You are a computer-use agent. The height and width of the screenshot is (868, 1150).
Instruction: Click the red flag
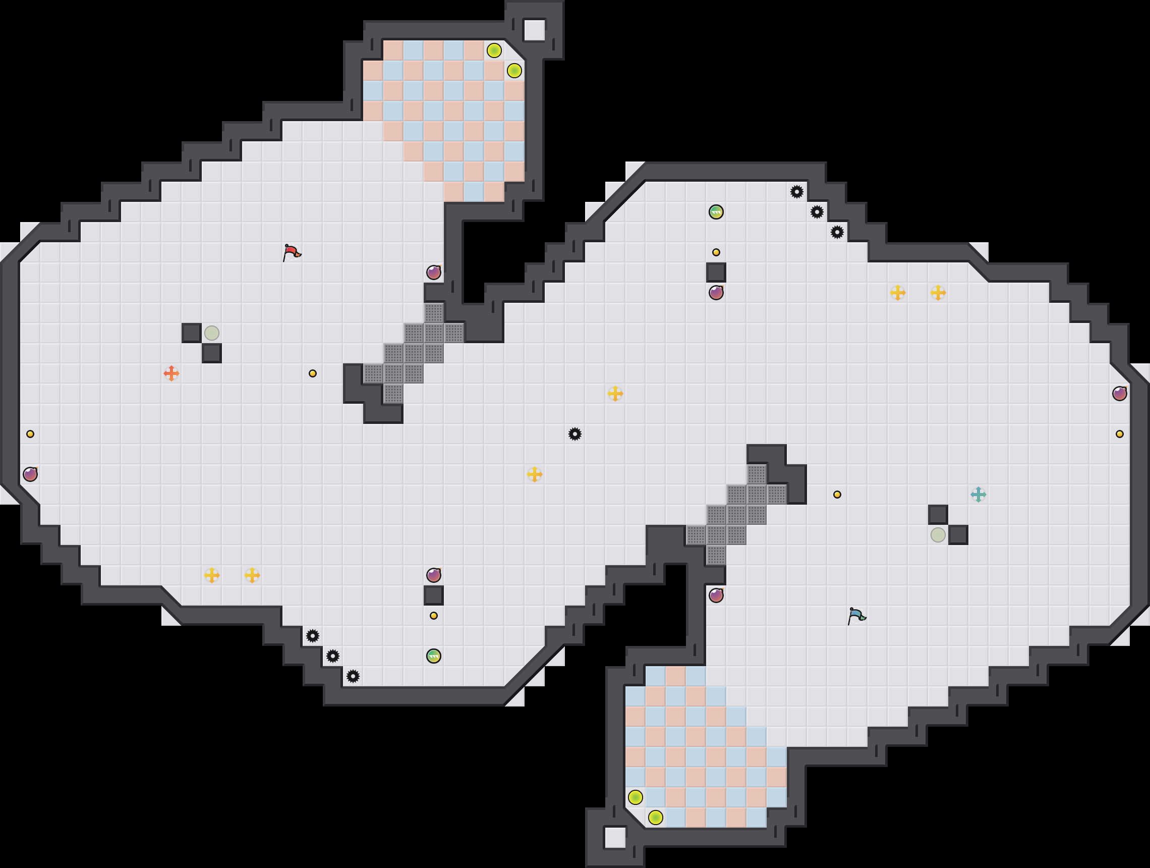(292, 252)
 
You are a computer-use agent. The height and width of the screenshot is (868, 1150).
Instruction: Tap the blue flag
(856, 616)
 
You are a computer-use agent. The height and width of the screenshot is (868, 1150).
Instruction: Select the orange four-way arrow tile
(171, 373)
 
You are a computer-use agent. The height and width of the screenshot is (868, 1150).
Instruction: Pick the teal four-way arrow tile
(978, 495)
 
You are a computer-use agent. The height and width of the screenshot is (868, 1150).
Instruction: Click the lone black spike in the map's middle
(574, 433)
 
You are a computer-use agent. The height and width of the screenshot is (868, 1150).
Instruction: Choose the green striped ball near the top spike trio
(716, 211)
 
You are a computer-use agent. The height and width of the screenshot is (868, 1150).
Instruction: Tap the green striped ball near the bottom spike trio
(434, 656)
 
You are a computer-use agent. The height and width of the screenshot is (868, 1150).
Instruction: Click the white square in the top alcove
(534, 30)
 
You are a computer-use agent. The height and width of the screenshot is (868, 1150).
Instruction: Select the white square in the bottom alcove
(615, 837)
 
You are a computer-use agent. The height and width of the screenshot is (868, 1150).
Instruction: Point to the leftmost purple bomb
(30, 474)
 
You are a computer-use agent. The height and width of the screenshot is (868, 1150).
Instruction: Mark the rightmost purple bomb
(1119, 394)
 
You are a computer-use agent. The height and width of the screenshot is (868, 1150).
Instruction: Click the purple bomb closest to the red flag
(434, 272)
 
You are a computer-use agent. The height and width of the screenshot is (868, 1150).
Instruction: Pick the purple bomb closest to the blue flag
(716, 595)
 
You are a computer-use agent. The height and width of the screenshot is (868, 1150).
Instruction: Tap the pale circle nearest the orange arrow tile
(212, 333)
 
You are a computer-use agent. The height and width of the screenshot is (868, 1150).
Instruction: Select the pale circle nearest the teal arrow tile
(938, 534)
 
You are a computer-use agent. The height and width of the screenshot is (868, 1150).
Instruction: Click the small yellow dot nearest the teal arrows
(837, 495)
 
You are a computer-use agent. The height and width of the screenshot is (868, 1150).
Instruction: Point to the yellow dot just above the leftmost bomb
(30, 433)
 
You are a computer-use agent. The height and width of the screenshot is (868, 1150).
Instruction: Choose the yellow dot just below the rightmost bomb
(1119, 433)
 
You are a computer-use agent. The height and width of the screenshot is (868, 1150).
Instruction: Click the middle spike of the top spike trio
(817, 211)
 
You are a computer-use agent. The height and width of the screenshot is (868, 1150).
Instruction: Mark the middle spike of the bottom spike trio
(333, 656)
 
